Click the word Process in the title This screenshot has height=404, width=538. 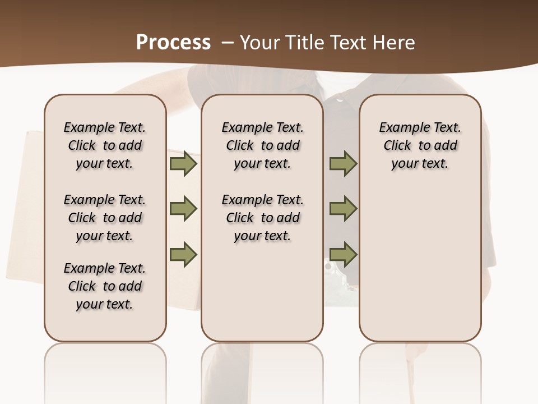(x=173, y=43)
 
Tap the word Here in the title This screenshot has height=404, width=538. (x=394, y=43)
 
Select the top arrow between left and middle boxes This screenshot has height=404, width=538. (x=183, y=163)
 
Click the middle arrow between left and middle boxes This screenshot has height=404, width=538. (x=183, y=209)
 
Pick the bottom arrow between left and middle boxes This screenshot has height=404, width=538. (x=183, y=254)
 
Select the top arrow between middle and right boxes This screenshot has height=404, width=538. (x=343, y=163)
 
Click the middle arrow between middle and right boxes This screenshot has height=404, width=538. (x=343, y=209)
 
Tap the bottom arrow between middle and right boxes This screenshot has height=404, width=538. (x=343, y=254)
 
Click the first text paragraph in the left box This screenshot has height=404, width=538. (x=105, y=145)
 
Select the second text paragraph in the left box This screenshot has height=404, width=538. (x=105, y=218)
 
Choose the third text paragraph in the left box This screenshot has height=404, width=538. (x=105, y=286)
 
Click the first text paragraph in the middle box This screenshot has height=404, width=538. (x=263, y=145)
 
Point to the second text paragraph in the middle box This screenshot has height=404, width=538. (x=263, y=218)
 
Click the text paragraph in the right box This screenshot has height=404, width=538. (x=420, y=145)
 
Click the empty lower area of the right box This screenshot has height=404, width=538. (x=420, y=264)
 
